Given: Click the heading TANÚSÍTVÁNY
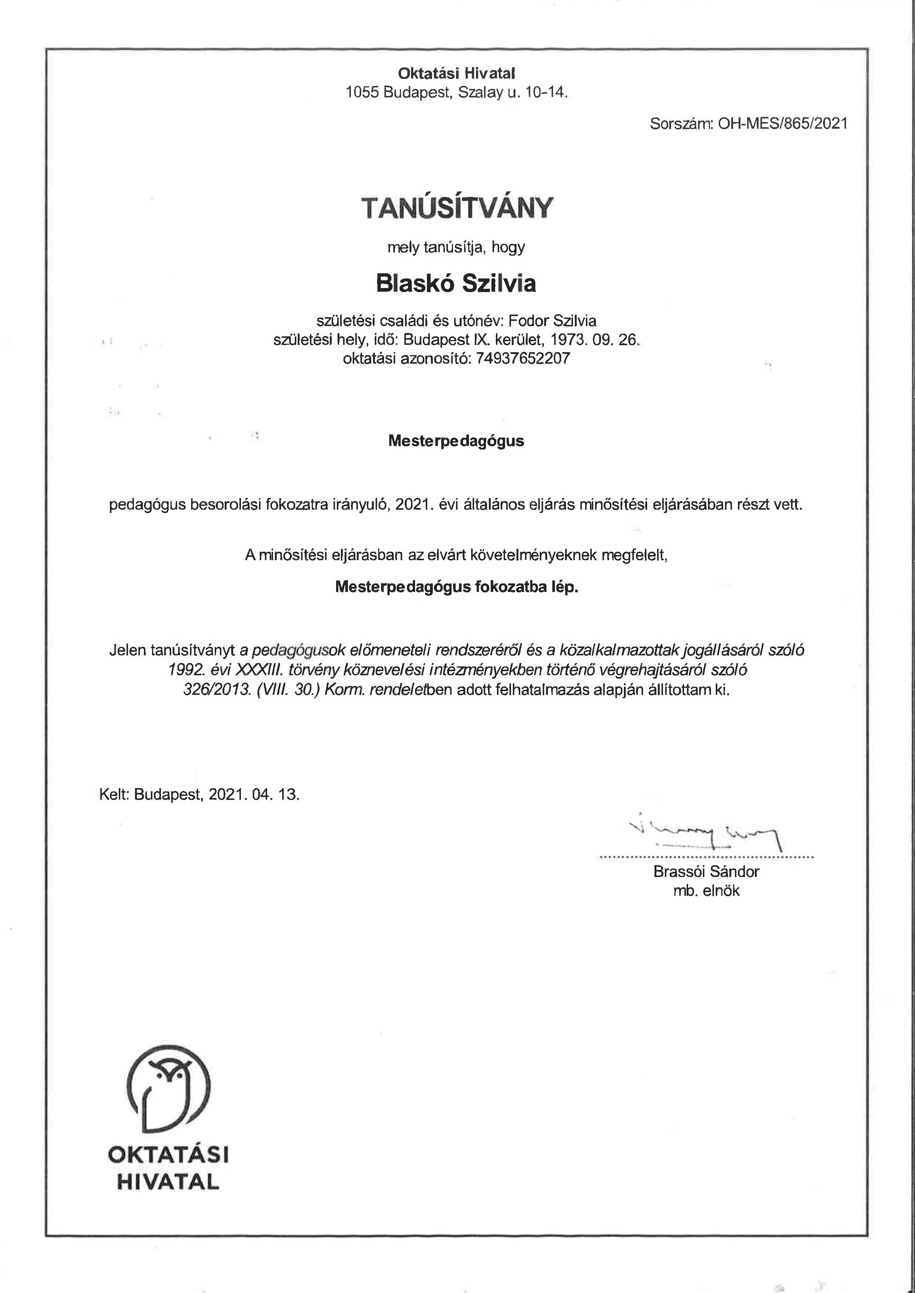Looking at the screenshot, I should pos(457,208).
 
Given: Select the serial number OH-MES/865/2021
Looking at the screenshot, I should pos(783,124).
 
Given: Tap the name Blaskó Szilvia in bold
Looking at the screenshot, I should pos(456,283).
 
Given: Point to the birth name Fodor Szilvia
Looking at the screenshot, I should pos(552,321).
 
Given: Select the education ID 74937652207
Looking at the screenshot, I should pos(523,358).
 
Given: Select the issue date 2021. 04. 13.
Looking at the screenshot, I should pos(253,795).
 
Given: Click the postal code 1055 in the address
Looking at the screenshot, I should pos(362,92).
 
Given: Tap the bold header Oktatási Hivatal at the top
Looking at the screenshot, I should pos(456,73).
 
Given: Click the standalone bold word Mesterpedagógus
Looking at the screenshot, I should pos(456,441).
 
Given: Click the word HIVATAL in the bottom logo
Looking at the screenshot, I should pos(168,1182).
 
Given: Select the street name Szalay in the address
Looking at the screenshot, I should pos(480,92).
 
